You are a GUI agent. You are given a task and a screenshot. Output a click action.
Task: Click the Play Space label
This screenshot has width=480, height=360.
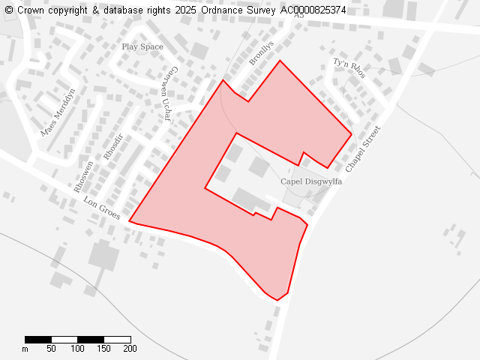point(142,46)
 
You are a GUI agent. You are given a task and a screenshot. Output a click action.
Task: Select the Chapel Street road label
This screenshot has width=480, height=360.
point(364,148)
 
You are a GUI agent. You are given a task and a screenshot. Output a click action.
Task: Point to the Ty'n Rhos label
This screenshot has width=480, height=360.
point(349,68)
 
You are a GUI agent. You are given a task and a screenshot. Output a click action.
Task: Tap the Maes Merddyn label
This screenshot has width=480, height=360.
point(58,112)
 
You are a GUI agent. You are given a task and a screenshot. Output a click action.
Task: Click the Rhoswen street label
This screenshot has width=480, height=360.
point(83,177)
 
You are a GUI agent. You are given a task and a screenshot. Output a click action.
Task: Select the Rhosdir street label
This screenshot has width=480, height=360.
point(112,147)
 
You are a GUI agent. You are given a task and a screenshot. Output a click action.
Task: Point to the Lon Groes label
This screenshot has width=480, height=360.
point(101,208)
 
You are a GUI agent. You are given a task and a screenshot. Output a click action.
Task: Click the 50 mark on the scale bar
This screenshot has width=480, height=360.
point(51,349)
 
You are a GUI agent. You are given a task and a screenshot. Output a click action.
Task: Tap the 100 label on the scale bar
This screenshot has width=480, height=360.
point(77,349)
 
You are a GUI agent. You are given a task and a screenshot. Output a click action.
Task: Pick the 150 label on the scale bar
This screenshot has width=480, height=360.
point(103,349)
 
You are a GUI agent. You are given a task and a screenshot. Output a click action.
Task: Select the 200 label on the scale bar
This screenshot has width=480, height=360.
point(130,349)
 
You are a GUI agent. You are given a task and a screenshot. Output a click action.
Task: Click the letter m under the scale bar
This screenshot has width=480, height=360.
point(25,349)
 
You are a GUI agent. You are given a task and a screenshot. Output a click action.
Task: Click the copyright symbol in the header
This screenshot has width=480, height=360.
point(8,10)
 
